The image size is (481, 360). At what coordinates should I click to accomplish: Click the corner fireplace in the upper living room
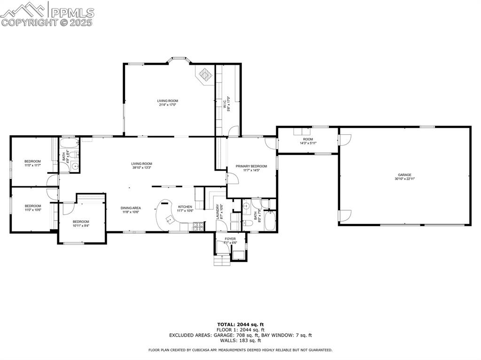(205, 75)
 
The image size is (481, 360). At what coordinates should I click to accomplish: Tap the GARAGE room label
(404, 175)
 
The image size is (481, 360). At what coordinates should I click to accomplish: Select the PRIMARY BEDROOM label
(251, 166)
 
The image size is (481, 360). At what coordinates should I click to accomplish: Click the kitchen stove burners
(198, 227)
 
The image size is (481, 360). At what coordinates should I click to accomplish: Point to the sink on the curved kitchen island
(168, 219)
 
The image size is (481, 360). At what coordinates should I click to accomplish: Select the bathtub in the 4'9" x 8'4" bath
(70, 142)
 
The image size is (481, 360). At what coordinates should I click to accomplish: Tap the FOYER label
(230, 239)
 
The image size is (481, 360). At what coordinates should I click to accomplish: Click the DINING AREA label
(131, 208)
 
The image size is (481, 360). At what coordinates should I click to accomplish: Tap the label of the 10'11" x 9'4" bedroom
(80, 222)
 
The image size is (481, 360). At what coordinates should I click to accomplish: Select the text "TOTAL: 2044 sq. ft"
(240, 324)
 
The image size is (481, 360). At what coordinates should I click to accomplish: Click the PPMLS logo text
(72, 12)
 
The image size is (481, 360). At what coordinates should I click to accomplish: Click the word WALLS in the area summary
(227, 341)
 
